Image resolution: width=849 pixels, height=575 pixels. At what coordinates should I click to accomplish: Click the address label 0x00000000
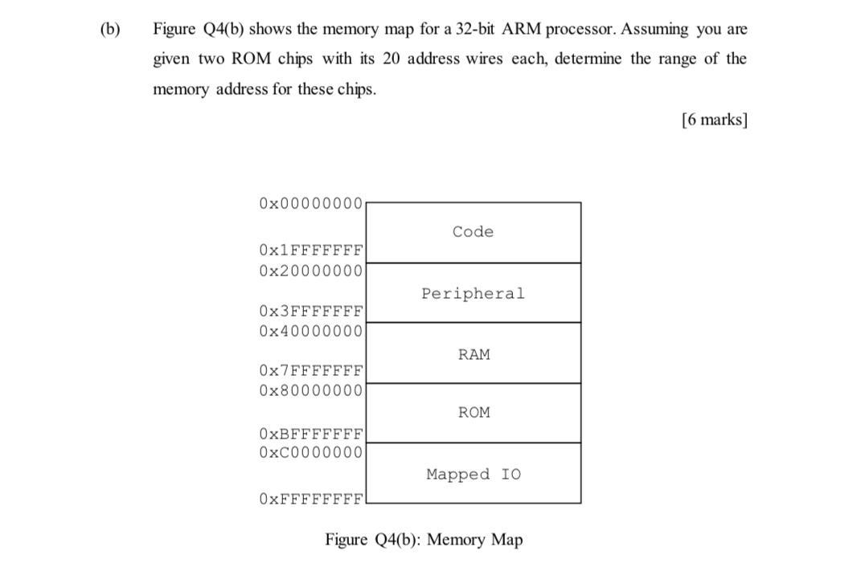[x=311, y=203]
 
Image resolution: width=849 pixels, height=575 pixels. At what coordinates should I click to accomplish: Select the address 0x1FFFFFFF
[x=311, y=251]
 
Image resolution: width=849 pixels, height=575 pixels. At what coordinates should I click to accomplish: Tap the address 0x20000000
[x=311, y=271]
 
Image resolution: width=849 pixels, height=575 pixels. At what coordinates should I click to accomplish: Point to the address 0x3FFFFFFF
[x=311, y=311]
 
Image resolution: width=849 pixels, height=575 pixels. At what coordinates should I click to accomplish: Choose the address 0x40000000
[x=311, y=331]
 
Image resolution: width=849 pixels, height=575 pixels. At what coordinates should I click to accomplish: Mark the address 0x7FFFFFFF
[x=311, y=371]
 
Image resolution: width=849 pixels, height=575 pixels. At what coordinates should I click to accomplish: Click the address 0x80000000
[x=311, y=390]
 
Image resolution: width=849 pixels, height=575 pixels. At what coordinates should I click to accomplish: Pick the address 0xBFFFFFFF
[x=311, y=434]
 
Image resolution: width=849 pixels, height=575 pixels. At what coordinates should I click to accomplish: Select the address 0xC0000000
[x=311, y=452]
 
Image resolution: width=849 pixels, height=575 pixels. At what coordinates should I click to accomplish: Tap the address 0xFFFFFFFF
[x=311, y=499]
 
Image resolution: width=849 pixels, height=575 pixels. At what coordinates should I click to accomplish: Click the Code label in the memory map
[x=473, y=232]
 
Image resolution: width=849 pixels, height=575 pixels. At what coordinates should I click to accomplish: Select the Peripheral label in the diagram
[x=473, y=294]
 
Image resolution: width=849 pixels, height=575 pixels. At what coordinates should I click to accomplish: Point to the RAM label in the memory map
[x=474, y=354]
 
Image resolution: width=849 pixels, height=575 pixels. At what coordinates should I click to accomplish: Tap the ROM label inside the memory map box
[x=474, y=413]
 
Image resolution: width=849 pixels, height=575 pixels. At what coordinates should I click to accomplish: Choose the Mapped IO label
[x=473, y=475]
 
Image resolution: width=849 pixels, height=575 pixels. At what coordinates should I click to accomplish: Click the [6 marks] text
[x=714, y=120]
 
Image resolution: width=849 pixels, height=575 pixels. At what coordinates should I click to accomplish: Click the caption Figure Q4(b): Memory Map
[x=424, y=540]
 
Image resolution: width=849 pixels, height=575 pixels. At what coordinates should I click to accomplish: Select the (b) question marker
[x=110, y=30]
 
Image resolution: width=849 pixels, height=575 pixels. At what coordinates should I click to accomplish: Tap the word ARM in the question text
[x=523, y=30]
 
